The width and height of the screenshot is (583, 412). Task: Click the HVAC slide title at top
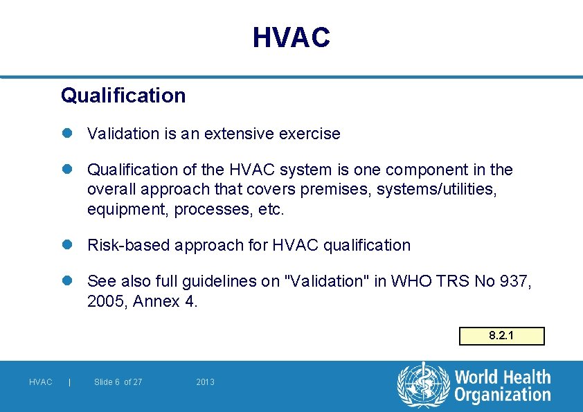(x=291, y=37)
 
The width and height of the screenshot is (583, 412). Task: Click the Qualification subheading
(x=123, y=96)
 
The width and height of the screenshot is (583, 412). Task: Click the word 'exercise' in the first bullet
(x=310, y=134)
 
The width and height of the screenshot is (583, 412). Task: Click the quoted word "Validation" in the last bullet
(x=329, y=281)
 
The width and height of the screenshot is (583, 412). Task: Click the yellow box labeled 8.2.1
(x=502, y=336)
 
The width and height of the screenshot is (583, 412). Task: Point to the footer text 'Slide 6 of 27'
(x=118, y=382)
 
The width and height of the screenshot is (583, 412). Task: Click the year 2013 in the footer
(x=205, y=382)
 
